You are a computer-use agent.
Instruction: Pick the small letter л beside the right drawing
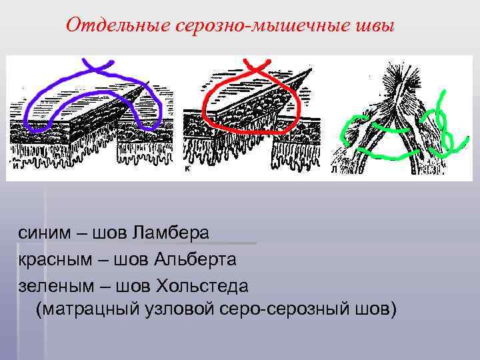(x=333, y=169)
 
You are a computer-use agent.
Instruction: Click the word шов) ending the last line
(x=374, y=310)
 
